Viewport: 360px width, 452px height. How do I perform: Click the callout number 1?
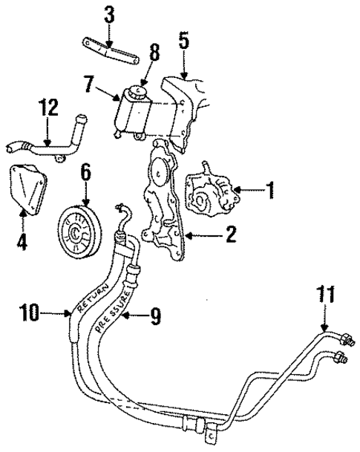click(x=271, y=191)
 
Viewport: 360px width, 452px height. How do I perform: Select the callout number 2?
click(x=230, y=236)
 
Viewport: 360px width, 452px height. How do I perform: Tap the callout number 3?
click(x=109, y=14)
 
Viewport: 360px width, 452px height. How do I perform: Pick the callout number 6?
click(x=85, y=173)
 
